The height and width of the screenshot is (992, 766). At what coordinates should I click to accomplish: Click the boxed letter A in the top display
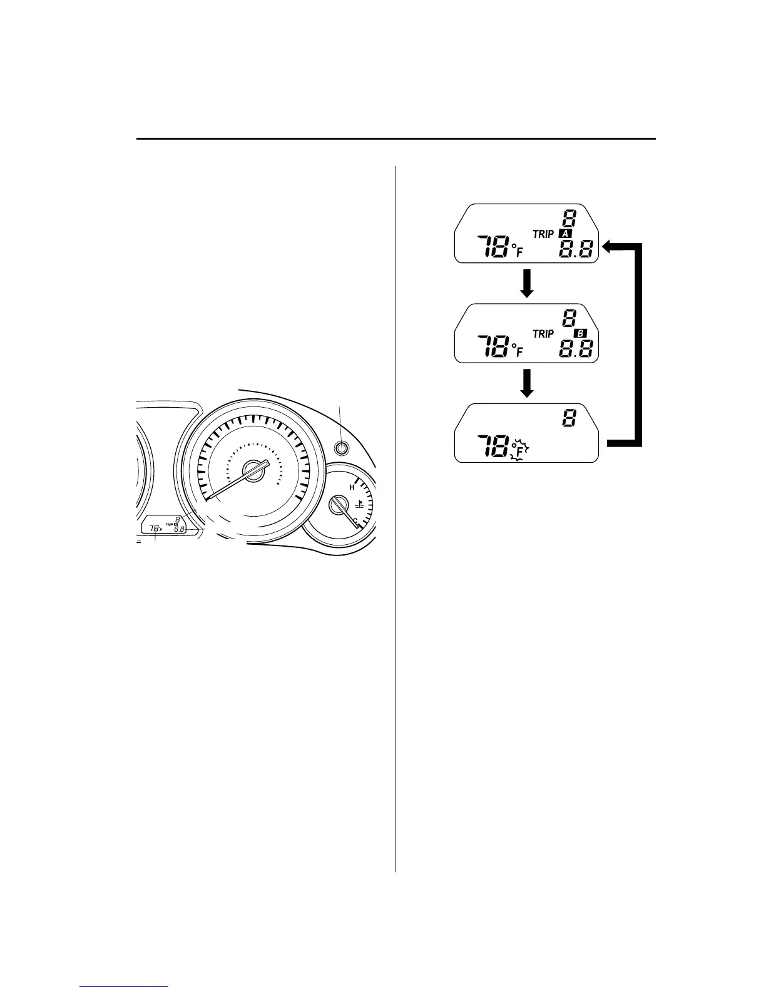565,234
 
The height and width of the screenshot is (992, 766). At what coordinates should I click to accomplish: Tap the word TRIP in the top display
543,234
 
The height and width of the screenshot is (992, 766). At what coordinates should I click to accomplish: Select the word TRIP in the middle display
543,334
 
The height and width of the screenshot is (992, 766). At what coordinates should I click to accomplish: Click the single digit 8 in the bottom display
568,418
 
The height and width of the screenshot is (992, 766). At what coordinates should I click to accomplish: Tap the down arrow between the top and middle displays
527,283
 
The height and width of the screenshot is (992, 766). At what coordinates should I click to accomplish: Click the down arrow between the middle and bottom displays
527,383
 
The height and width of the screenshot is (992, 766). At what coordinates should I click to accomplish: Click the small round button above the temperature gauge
341,448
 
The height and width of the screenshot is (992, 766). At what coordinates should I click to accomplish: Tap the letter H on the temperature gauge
352,487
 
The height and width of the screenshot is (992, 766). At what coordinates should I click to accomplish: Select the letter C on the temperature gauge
355,520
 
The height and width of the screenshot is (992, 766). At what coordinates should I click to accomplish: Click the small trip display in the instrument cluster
165,527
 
